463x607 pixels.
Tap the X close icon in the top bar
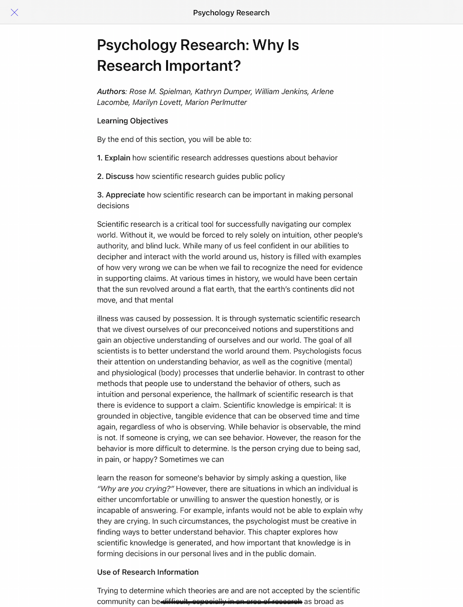15,12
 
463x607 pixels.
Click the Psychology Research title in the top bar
231,13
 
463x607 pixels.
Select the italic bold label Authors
111,92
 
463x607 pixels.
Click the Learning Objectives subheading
132,121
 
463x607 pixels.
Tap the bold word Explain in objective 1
117,158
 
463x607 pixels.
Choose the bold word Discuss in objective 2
120,176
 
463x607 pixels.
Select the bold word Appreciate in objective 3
125,195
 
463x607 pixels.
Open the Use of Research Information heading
148,572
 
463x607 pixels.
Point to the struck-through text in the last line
232,602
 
